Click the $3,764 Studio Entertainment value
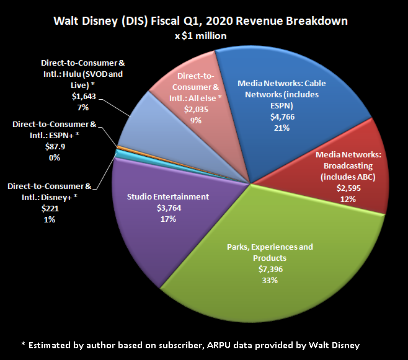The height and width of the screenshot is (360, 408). (167, 208)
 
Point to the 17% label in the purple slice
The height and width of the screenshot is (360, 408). (167, 219)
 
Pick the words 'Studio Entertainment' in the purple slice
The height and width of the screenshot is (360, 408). (167, 196)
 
